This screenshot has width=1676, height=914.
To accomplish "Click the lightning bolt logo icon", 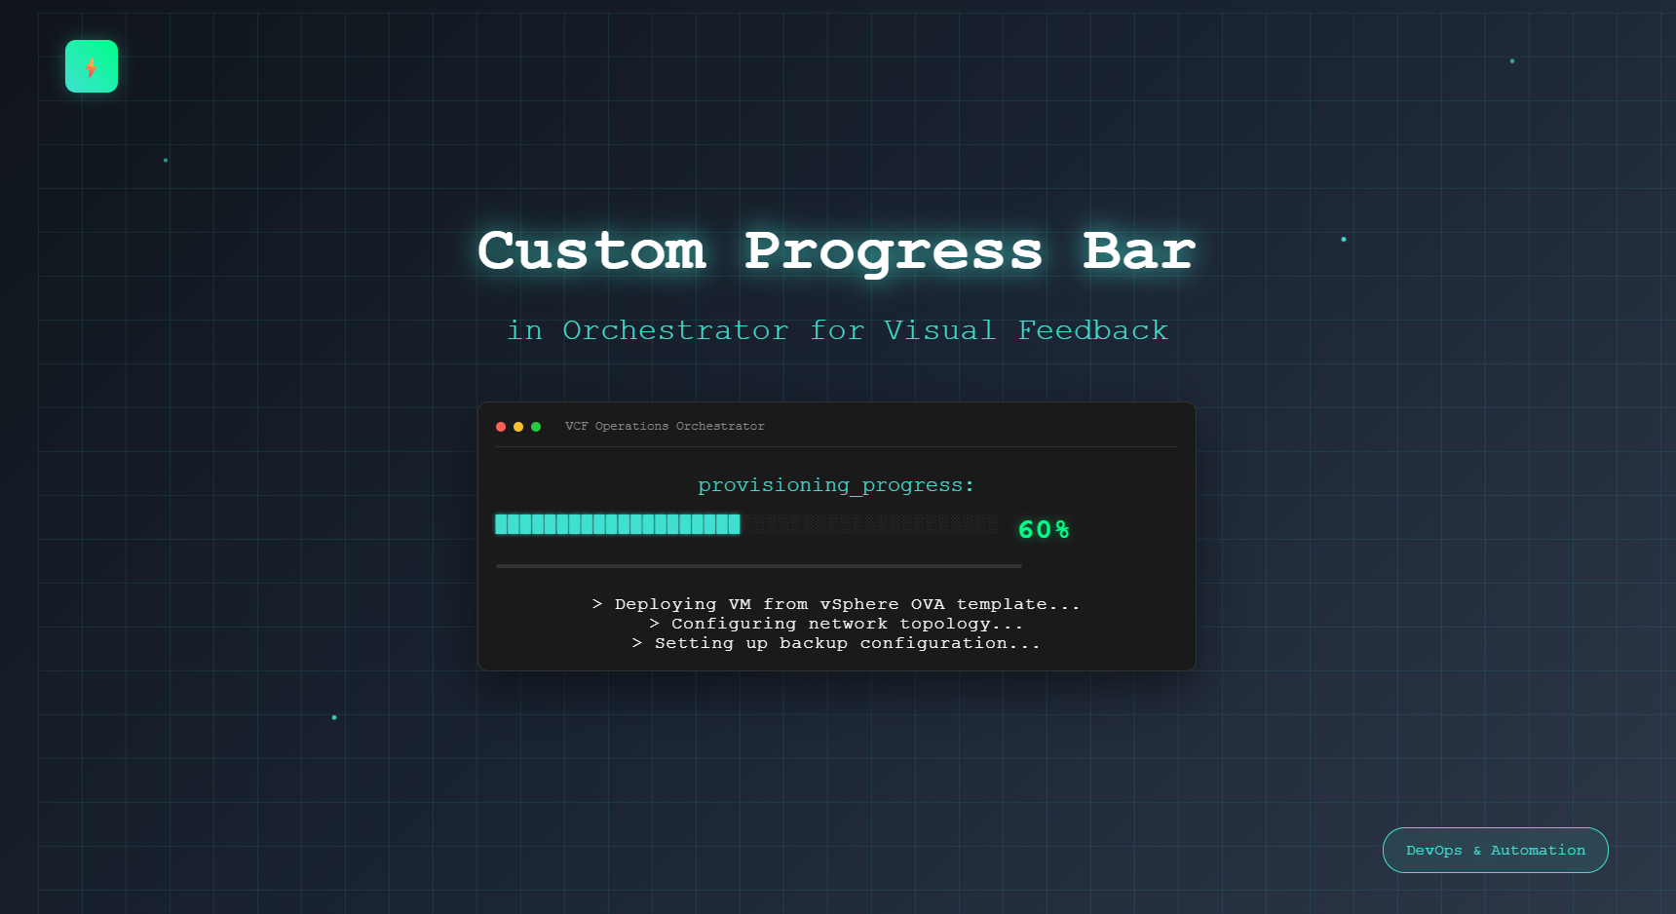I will pyautogui.click(x=92, y=66).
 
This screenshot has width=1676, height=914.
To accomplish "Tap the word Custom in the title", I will pyautogui.click(x=591, y=251).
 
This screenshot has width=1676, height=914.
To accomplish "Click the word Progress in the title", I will pyautogui.click(x=894, y=251).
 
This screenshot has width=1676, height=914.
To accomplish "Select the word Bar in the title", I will pyautogui.click(x=1138, y=251).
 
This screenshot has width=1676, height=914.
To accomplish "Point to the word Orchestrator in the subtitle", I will pyautogui.click(x=675, y=331).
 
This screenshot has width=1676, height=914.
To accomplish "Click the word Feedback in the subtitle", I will pyautogui.click(x=1092, y=331).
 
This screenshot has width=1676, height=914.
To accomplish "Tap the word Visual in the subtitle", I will pyautogui.click(x=939, y=331).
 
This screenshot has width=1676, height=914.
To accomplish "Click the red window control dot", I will pyautogui.click(x=501, y=427).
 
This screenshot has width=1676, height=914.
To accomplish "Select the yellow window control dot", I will pyautogui.click(x=518, y=427).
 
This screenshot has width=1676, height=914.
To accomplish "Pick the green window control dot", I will pyautogui.click(x=536, y=427).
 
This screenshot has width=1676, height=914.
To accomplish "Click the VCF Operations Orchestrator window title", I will pyautogui.click(x=665, y=427).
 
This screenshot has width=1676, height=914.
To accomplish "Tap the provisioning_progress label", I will pyautogui.click(x=836, y=485).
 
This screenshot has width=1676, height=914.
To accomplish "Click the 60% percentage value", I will pyautogui.click(x=1044, y=530).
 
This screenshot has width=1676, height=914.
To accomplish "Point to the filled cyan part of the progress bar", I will pyautogui.click(x=618, y=524).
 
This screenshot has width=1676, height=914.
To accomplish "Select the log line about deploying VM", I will pyautogui.click(x=836, y=604).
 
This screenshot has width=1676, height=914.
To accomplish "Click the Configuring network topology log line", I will pyautogui.click(x=836, y=624).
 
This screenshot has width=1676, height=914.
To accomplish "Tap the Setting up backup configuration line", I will pyautogui.click(x=836, y=643).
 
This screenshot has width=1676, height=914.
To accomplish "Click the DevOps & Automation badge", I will pyautogui.click(x=1495, y=851).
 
